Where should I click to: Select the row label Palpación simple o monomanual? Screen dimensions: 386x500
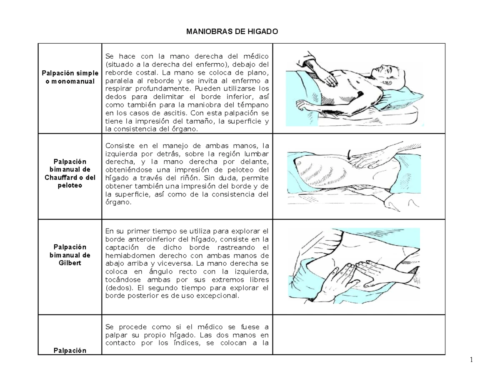[70, 77]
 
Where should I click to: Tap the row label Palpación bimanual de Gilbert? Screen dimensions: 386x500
[70, 255]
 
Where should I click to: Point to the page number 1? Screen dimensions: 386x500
[470, 361]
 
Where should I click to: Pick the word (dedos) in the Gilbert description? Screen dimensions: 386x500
[117, 288]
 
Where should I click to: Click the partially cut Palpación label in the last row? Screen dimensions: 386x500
[70, 350]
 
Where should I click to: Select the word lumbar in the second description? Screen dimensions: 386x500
[254, 154]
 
